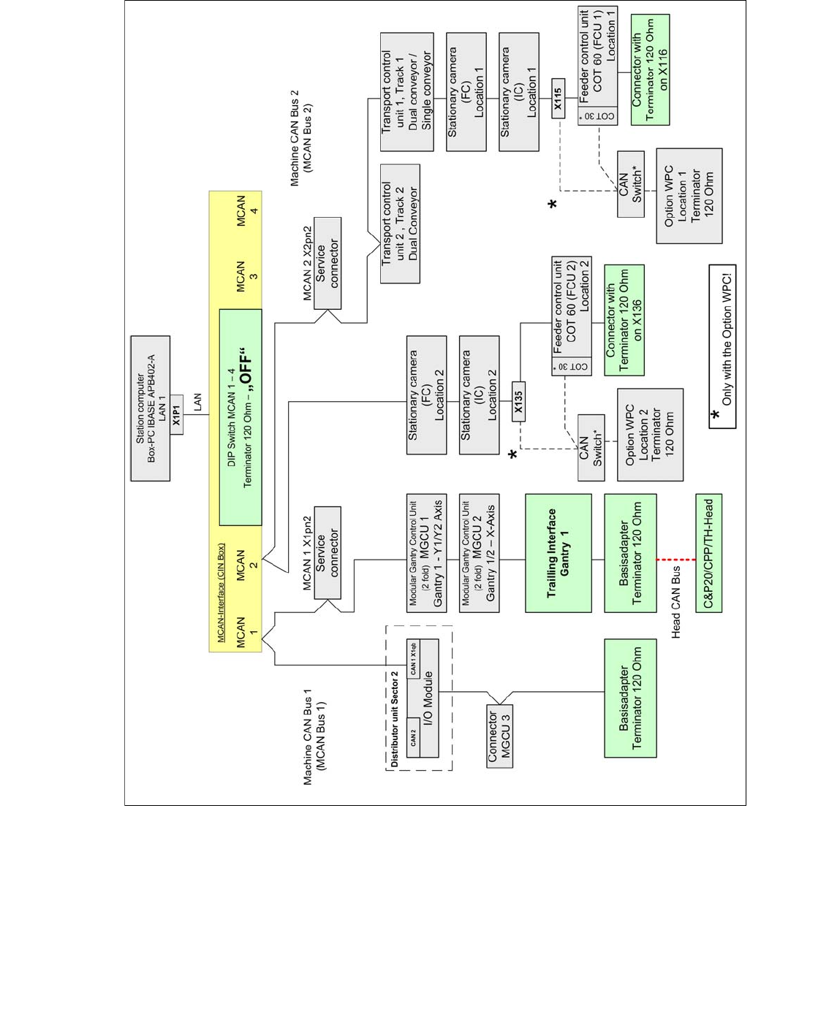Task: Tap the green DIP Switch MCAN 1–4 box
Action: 240,416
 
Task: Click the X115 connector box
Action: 558,98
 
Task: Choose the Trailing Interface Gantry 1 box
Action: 558,553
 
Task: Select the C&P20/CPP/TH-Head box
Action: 708,553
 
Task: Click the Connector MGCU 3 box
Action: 499,736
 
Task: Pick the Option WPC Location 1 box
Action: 689,196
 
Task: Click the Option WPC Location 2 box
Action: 649,435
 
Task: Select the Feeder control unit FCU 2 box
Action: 571,316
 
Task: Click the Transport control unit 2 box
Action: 400,224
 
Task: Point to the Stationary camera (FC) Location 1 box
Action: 466,92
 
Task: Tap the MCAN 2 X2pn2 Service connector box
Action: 327,263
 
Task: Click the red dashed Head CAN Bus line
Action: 675,560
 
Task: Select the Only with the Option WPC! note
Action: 722,346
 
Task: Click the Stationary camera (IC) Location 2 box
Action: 479,395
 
